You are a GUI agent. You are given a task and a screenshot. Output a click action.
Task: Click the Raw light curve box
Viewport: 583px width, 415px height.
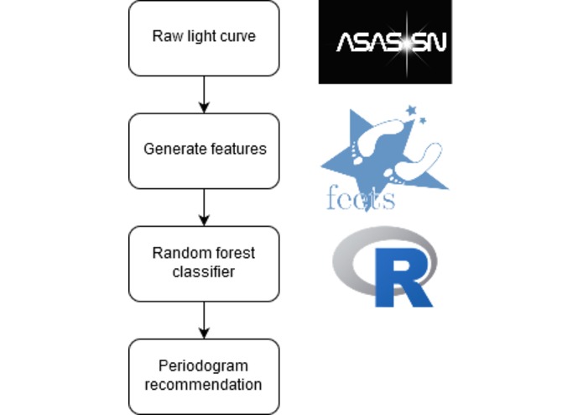coord(205,37)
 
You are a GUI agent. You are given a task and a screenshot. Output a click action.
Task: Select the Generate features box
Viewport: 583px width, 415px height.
coord(205,150)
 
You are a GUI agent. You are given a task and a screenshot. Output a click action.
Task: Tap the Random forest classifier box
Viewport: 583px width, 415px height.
coord(205,262)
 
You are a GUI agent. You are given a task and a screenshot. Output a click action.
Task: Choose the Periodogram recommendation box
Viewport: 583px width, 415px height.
coord(205,376)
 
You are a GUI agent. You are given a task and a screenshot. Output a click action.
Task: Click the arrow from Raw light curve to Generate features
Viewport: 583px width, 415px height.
coord(205,94)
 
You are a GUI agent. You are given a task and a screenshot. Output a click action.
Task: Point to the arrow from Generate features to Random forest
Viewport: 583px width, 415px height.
coord(205,207)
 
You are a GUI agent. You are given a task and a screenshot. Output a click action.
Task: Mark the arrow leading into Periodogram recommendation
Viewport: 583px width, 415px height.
coord(205,319)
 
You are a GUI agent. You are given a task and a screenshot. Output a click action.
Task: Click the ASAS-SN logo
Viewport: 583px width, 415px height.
coord(385,42)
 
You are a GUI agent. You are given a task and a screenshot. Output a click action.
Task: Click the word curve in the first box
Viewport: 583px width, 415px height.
coord(239,37)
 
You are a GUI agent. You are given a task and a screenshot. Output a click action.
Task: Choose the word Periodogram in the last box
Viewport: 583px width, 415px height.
coord(205,367)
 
